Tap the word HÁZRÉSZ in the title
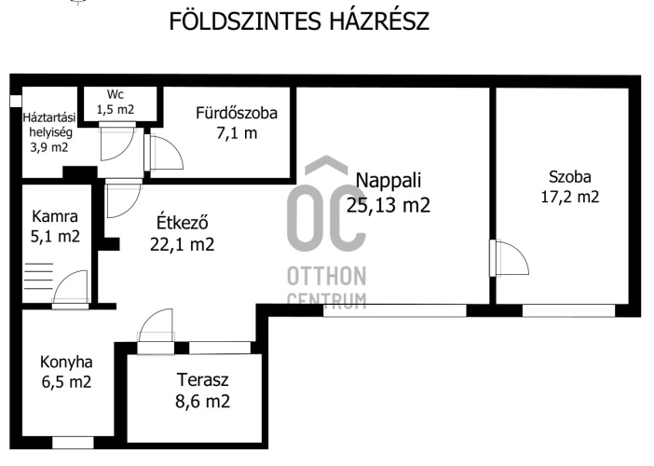tap(379, 21)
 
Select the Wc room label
tap(116, 94)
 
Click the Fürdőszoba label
tap(237, 113)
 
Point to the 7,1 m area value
tap(237, 133)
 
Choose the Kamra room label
tap(55, 216)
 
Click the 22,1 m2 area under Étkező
tap(183, 244)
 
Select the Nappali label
tap(388, 180)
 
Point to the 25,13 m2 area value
tap(388, 205)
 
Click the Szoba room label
tap(570, 177)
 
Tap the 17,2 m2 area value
tap(570, 197)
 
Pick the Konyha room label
tap(66, 363)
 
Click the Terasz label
tap(203, 380)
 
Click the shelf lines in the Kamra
tap(39, 277)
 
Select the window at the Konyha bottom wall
tap(73, 443)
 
